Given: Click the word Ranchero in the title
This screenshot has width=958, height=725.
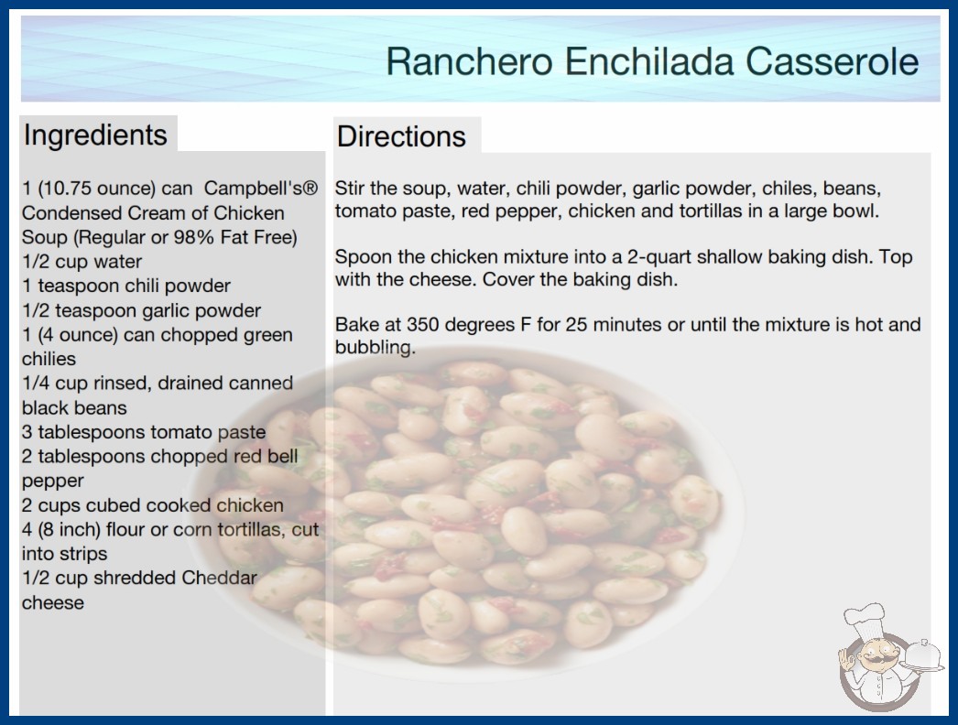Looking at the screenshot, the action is click(469, 61).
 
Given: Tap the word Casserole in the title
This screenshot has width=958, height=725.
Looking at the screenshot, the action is click(832, 61).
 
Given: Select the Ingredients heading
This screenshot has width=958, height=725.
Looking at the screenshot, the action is click(95, 135).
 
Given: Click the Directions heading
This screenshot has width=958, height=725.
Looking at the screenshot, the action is click(401, 136).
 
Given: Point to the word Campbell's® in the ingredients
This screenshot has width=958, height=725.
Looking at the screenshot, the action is click(261, 189).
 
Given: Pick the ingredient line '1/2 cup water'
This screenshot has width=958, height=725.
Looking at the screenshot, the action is click(82, 262).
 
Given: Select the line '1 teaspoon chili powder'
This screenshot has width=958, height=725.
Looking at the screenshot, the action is click(126, 286).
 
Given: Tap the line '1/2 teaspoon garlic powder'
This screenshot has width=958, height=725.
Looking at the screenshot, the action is click(141, 310).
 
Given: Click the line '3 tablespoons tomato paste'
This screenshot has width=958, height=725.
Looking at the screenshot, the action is click(144, 432).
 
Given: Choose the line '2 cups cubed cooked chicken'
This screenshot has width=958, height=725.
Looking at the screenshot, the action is click(153, 505).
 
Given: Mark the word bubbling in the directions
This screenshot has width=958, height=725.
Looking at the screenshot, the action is click(376, 348).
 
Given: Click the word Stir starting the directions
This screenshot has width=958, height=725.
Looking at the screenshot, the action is click(350, 189).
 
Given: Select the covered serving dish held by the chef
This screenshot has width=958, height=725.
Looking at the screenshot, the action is click(923, 656).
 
